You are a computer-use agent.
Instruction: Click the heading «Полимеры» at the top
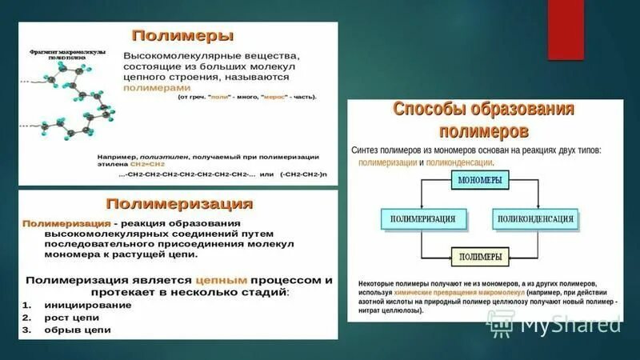click(x=182, y=36)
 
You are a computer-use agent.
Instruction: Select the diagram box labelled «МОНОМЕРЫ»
click(x=480, y=181)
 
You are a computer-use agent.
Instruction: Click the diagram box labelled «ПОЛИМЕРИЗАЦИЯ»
click(x=422, y=218)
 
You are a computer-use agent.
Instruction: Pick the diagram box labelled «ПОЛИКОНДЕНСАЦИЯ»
click(x=535, y=218)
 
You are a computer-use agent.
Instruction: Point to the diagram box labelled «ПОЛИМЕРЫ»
click(x=480, y=256)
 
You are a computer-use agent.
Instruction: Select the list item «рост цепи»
click(x=67, y=317)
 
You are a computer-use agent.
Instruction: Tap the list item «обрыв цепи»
click(x=72, y=330)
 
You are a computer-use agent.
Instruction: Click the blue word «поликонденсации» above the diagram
click(x=458, y=161)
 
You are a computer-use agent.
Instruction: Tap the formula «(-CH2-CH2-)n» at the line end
click(x=304, y=174)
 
